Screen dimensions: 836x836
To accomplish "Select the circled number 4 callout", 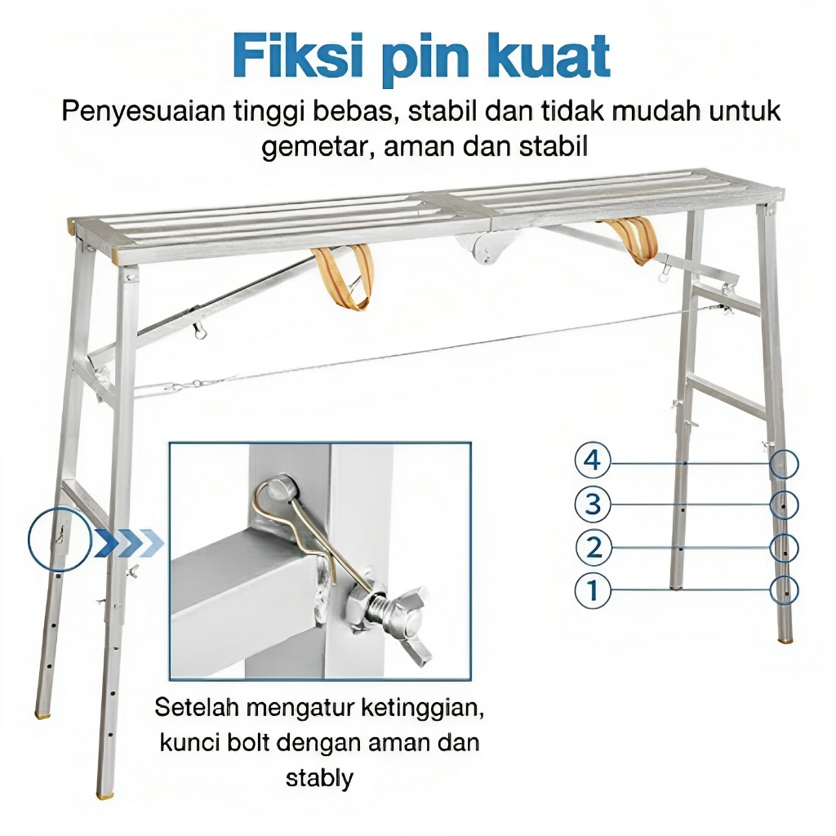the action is pos(593,462).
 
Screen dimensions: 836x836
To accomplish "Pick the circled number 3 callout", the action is pos(593,505).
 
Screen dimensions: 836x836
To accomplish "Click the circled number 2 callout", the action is pos(593,546).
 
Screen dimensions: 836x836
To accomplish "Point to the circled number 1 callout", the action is pos(593,589).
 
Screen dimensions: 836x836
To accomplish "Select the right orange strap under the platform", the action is pos(633,238).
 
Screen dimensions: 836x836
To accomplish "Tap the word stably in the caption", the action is pos(319,777).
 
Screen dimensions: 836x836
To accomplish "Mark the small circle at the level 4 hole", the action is pos(785,464).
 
